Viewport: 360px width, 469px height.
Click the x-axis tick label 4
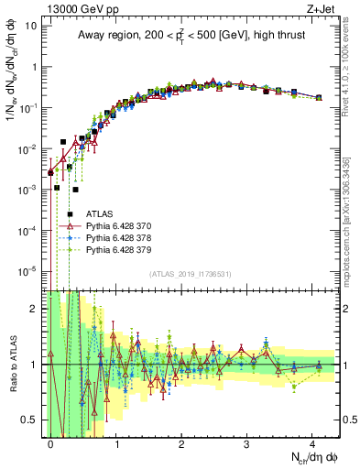pos(312,443)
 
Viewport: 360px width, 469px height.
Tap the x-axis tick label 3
pos(247,443)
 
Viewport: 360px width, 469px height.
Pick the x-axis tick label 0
pos(50,443)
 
